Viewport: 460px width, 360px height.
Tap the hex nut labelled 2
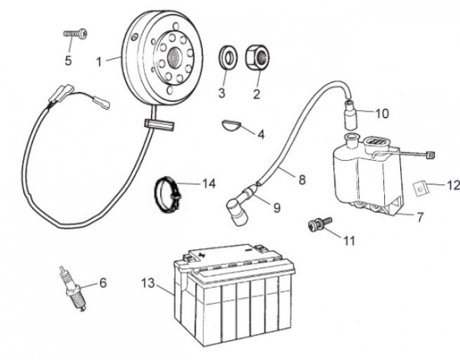(256, 57)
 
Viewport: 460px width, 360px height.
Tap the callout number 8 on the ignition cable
(302, 180)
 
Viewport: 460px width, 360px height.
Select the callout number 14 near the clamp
(209, 183)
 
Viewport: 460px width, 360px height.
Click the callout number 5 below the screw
(68, 62)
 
